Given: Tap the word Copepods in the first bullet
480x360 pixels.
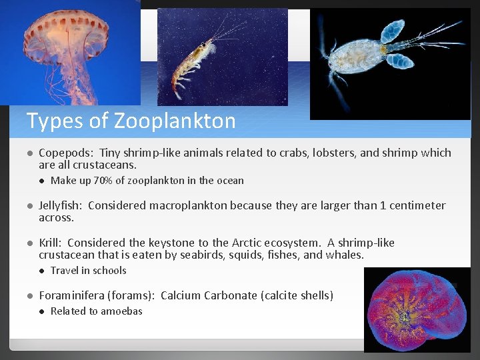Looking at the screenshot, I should tap(61, 153).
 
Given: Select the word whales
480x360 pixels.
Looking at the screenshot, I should tap(345, 255).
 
